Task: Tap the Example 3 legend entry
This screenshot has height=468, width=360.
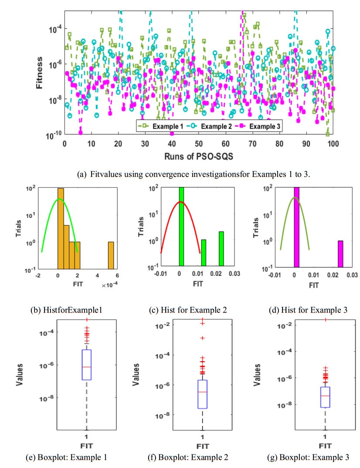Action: (257, 126)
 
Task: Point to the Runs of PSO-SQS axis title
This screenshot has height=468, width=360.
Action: (199, 156)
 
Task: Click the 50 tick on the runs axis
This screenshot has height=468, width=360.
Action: (198, 143)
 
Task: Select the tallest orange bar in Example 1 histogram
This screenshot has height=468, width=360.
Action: (61, 229)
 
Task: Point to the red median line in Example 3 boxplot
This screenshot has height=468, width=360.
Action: (325, 396)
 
